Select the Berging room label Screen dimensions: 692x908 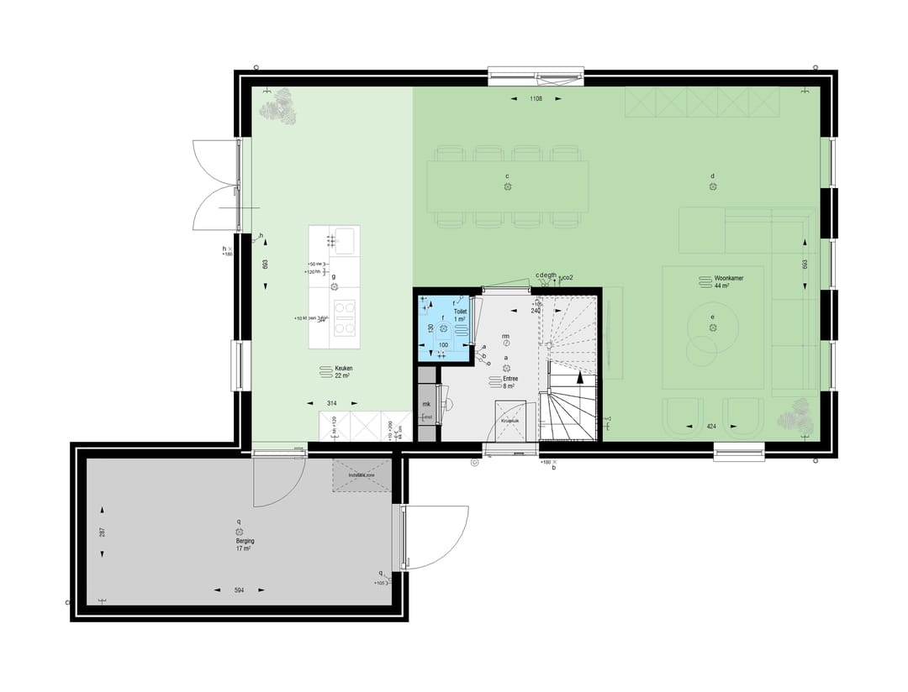[x=245, y=542]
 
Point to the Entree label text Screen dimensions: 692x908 [x=510, y=379]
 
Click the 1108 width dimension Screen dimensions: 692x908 [x=536, y=99]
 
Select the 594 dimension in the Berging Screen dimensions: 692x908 [x=239, y=591]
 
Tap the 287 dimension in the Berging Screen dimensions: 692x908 [x=102, y=532]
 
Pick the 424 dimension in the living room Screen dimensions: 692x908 [x=711, y=427]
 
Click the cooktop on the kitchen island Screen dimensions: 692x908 [x=344, y=317]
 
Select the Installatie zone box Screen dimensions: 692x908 [x=362, y=475]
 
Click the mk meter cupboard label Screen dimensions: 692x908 [x=426, y=404]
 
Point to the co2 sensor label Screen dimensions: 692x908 [x=568, y=276]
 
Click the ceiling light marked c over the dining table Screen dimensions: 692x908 [x=508, y=186]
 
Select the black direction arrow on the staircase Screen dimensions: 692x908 [x=580, y=380]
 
